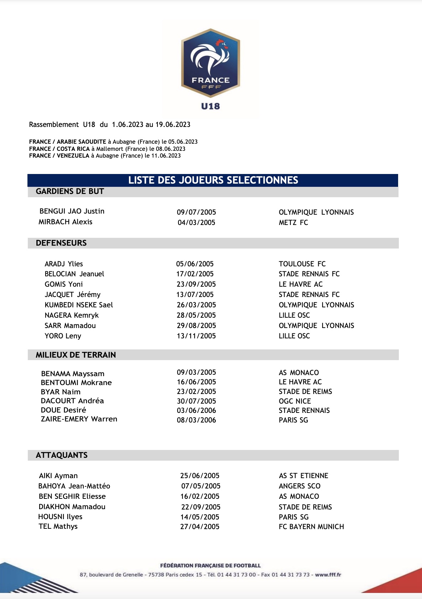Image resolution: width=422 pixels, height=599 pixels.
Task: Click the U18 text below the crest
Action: point(211,106)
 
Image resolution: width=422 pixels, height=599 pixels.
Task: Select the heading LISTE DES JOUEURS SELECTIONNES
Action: point(213,180)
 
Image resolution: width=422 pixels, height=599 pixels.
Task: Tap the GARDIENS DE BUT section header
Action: point(70,191)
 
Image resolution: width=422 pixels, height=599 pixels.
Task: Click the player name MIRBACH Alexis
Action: point(65,222)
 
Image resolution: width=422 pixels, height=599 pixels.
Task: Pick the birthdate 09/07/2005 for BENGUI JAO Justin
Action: point(196,212)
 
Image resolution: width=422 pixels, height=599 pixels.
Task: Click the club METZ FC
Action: point(293,222)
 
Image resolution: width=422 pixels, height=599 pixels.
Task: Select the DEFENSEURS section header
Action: point(61,243)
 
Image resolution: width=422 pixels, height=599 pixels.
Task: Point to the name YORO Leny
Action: point(63,336)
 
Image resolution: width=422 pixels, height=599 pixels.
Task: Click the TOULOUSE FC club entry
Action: point(302,264)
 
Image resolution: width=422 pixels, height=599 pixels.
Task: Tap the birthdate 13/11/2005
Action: point(196,336)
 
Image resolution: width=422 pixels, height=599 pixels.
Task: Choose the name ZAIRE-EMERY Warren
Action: point(79,419)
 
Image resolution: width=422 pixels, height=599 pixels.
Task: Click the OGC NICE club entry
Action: point(295,401)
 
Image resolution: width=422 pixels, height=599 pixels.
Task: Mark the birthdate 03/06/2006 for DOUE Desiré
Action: point(196,410)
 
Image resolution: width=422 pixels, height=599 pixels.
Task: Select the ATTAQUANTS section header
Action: point(62,455)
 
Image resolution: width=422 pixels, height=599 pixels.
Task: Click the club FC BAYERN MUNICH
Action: point(311,527)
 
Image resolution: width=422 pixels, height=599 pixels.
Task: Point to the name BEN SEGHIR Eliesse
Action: point(72,496)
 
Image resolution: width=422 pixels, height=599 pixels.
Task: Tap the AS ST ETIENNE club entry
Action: point(303,476)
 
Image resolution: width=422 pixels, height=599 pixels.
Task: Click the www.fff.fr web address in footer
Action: point(328,575)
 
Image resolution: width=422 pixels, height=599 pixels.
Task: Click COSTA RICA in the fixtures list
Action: point(73,149)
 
